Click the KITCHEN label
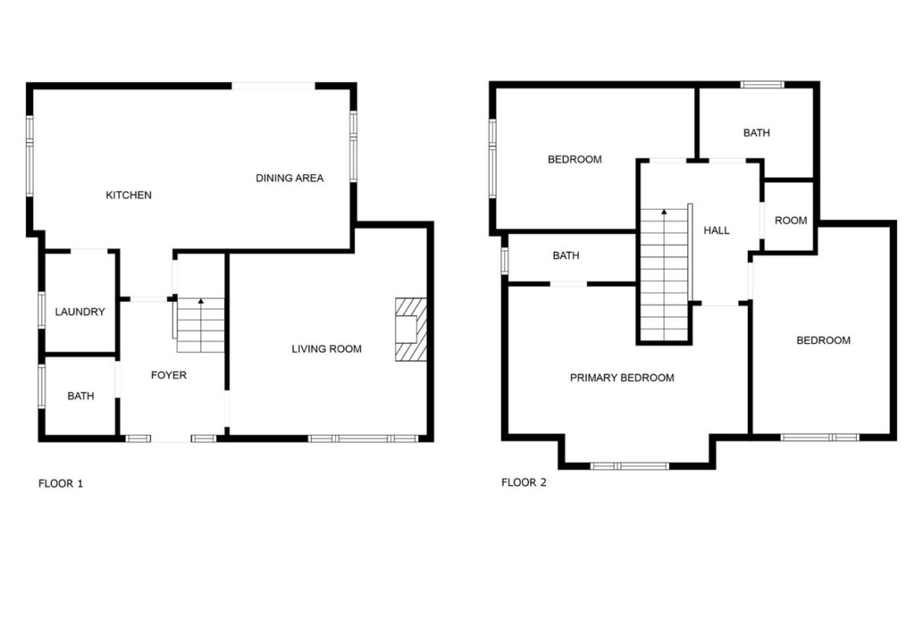pos(129,195)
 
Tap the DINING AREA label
pos(290,177)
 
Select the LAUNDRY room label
pos(80,311)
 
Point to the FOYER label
pos(169,375)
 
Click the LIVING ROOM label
pos(327,349)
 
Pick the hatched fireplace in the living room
pos(411,329)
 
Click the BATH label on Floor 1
pos(80,396)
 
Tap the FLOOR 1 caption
pos(61,483)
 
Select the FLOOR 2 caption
pos(524,483)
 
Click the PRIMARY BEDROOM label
pos(622,378)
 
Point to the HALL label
pos(717,231)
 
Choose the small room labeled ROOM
pos(790,221)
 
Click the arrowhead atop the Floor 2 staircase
pos(664,212)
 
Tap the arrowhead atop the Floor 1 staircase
pos(200,301)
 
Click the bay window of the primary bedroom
pos(630,466)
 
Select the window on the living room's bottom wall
pos(363,438)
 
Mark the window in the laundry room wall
pos(42,310)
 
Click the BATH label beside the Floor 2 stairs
pos(566,256)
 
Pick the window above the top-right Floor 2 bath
pos(762,84)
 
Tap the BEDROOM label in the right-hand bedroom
pos(824,340)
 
